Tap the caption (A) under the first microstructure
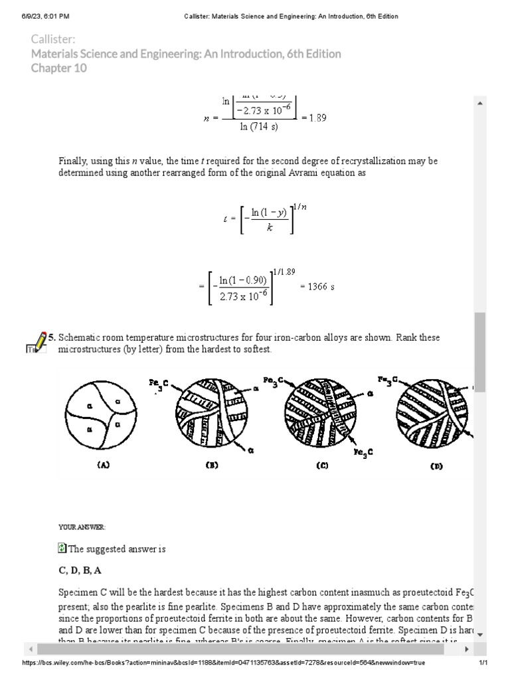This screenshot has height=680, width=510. coord(103,466)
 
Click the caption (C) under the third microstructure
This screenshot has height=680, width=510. coord(322,466)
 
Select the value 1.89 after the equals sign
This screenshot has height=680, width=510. coord(313,118)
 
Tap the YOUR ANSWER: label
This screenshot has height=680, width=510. coord(82,527)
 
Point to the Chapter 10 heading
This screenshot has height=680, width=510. coord(59,68)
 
